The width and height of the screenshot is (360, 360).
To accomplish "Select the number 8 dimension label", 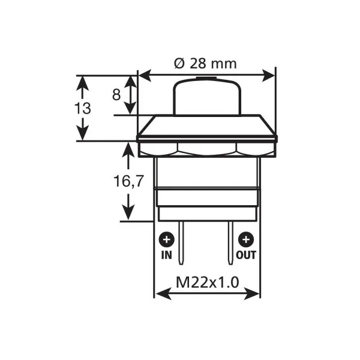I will point(117,94).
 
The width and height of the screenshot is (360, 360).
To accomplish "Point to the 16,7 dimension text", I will point(128,181).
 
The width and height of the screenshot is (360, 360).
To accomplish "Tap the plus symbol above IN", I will point(166,240).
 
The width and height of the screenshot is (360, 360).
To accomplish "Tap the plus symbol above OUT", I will point(245,240).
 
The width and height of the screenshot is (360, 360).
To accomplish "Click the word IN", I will point(166,255).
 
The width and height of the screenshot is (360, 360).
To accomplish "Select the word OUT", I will point(246,255).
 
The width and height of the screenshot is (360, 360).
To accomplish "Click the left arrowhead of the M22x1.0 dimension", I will point(159,293).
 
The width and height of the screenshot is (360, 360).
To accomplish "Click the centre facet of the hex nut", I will point(207,149).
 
